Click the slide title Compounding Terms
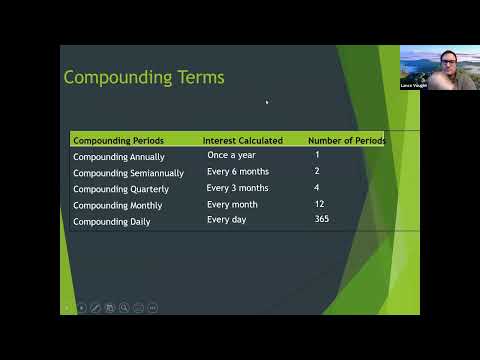click(143, 77)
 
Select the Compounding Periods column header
click(118, 141)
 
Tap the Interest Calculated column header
click(242, 141)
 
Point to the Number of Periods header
click(346, 141)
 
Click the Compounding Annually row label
click(118, 157)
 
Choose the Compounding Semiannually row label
click(128, 173)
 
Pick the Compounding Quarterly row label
click(120, 189)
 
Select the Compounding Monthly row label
click(117, 205)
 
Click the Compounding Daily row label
click(111, 221)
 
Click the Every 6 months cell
click(237, 171)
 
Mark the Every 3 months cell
click(237, 187)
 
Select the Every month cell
click(232, 203)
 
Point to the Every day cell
click(227, 219)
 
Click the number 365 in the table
click(321, 219)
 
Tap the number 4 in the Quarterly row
click(316, 187)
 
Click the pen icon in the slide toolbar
click(95, 307)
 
